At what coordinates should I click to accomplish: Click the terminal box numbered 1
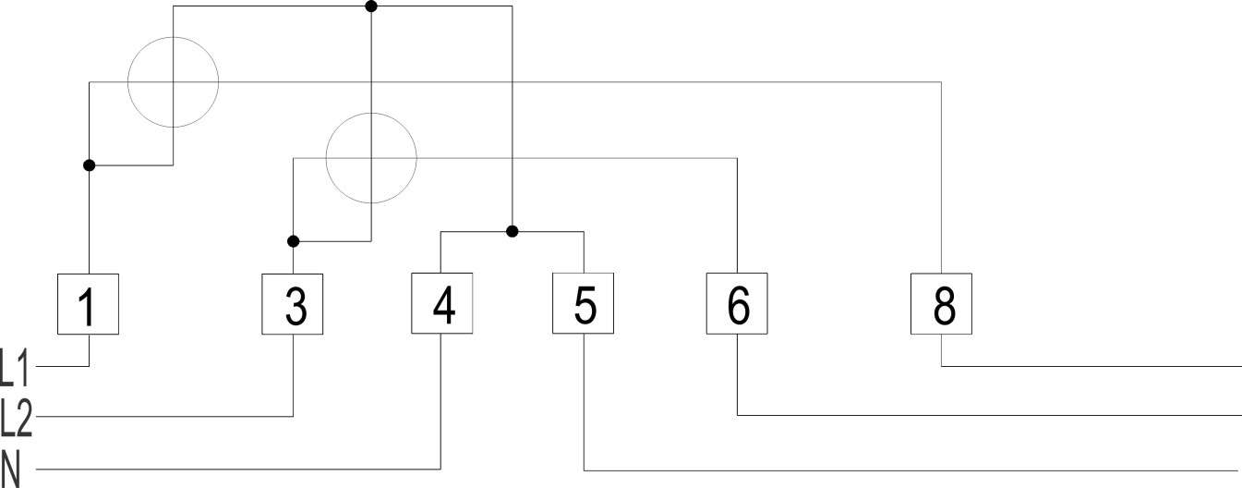click(x=88, y=304)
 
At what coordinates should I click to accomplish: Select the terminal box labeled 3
click(x=292, y=304)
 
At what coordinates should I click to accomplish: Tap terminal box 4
click(x=442, y=303)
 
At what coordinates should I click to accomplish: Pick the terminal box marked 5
click(x=584, y=303)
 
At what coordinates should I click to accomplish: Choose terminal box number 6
click(x=737, y=303)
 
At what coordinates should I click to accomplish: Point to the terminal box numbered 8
click(x=942, y=304)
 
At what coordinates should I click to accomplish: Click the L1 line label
click(x=14, y=368)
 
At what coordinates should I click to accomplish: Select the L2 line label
click(x=16, y=418)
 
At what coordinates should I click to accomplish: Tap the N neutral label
click(x=10, y=470)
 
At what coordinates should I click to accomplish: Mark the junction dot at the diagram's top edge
click(x=371, y=6)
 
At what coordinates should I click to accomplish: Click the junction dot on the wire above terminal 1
click(x=90, y=165)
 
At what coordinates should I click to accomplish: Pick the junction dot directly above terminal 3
click(x=294, y=241)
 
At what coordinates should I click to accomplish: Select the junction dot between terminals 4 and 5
click(x=512, y=231)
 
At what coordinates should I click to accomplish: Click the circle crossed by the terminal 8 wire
click(x=128, y=82)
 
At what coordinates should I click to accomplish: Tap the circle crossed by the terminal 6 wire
click(x=326, y=158)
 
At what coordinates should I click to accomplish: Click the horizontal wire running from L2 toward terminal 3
click(x=164, y=417)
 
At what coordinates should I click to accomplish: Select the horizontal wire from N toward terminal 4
click(x=238, y=470)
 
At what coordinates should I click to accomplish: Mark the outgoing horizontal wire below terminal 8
click(x=1091, y=366)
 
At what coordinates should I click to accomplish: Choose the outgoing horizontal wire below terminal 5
click(x=910, y=470)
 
